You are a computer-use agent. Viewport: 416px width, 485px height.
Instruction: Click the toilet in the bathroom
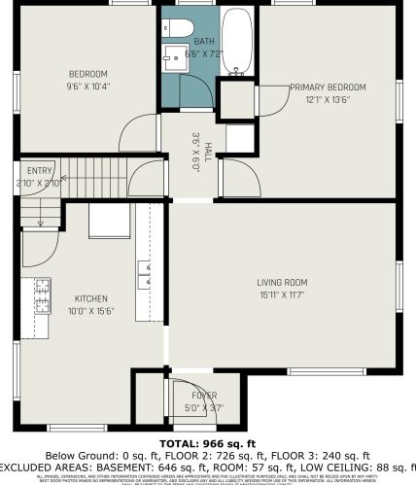point(182,26)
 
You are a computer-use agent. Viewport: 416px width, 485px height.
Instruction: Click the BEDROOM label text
point(87,75)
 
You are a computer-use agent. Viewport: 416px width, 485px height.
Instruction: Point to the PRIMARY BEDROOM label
point(321,87)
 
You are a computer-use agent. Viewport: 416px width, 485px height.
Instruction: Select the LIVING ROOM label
point(282,283)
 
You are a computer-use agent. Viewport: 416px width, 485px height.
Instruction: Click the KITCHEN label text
point(91,298)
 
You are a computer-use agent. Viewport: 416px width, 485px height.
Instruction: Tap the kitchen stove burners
point(43,295)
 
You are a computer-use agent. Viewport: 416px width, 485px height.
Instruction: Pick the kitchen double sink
point(145,275)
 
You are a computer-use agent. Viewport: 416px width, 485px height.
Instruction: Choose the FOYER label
point(204,397)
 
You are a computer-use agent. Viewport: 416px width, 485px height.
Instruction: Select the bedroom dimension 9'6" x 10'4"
point(87,86)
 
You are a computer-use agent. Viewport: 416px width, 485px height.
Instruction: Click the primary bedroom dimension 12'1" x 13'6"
point(321,98)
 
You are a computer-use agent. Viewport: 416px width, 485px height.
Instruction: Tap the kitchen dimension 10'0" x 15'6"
point(91,310)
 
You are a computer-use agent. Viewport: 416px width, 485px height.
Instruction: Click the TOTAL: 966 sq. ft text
point(207,443)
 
